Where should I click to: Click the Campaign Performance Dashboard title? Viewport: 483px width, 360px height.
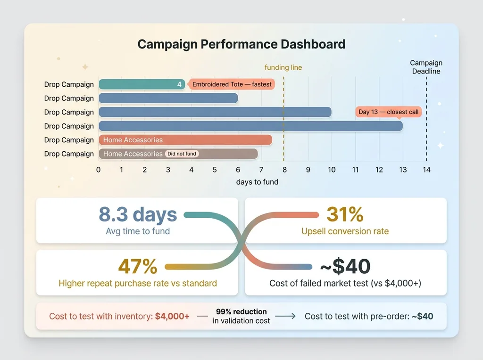pos(241,45)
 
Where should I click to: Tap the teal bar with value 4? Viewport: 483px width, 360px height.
pos(142,84)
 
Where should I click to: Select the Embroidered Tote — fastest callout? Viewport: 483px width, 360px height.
pos(232,84)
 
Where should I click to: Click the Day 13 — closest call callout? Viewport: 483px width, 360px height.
pos(388,112)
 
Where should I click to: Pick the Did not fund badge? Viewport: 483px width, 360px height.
pos(182,154)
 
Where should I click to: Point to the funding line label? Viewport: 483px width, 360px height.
pos(283,67)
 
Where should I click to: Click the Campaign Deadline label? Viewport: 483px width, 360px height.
pos(426,67)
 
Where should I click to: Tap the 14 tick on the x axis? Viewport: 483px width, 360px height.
pos(426,170)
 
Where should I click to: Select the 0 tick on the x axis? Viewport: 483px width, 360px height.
pos(98,170)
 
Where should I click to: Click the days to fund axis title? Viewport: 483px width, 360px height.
pos(257,182)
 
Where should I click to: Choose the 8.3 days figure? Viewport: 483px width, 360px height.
pos(138,214)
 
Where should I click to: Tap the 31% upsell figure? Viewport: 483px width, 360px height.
pos(345,214)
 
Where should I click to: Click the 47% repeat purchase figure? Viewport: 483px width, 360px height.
pos(138,267)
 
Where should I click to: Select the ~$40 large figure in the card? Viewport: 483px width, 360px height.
pos(345,267)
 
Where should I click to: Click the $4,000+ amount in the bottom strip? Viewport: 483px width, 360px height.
pos(172,317)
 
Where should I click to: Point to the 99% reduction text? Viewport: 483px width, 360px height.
pos(241,312)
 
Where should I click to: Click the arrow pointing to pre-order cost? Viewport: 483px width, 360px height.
pos(285,317)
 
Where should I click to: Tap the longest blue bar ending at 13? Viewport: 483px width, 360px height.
pos(250,126)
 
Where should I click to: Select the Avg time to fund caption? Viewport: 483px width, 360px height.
pos(138,231)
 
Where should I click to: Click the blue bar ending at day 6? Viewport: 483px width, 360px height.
pos(168,98)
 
